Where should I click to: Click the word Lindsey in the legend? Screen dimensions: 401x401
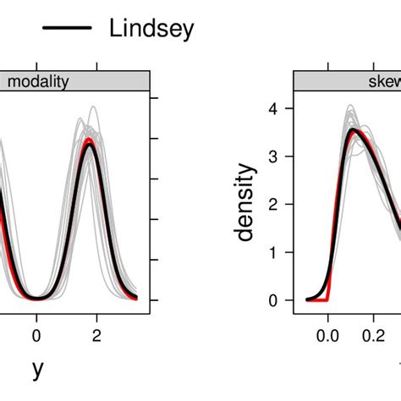(x=151, y=29)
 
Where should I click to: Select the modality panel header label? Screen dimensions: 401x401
(x=38, y=81)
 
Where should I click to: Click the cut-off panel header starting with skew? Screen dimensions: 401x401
(x=372, y=81)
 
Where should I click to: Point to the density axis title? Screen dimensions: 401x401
(x=246, y=203)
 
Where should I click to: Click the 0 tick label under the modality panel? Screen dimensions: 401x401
(x=36, y=334)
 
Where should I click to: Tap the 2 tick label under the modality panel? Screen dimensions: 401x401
(x=96, y=334)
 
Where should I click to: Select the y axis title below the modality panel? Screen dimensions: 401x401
(x=36, y=369)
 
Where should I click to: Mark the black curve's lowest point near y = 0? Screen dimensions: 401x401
(x=36, y=299)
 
